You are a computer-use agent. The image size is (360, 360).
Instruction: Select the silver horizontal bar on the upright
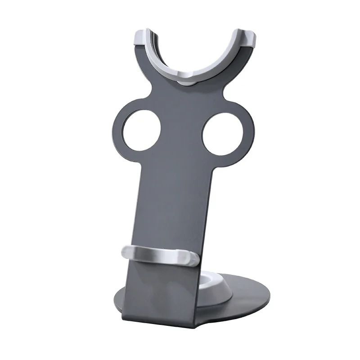pyautogui.click(x=160, y=256)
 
